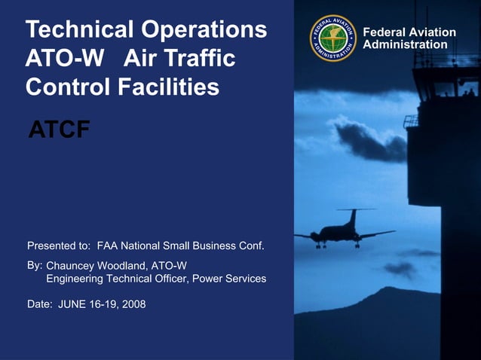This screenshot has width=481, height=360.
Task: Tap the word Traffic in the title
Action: tap(199, 59)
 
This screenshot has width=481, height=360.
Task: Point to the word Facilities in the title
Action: tap(169, 87)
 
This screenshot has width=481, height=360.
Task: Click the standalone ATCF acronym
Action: tap(59, 130)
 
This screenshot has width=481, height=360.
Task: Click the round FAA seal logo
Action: tap(332, 38)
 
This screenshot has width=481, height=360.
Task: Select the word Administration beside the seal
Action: tap(405, 45)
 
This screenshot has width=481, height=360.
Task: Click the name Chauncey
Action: tap(72, 266)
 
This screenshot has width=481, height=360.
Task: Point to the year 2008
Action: tap(133, 304)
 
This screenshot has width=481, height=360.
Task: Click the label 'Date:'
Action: tap(40, 304)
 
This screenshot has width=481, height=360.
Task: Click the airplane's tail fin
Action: tap(352, 217)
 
